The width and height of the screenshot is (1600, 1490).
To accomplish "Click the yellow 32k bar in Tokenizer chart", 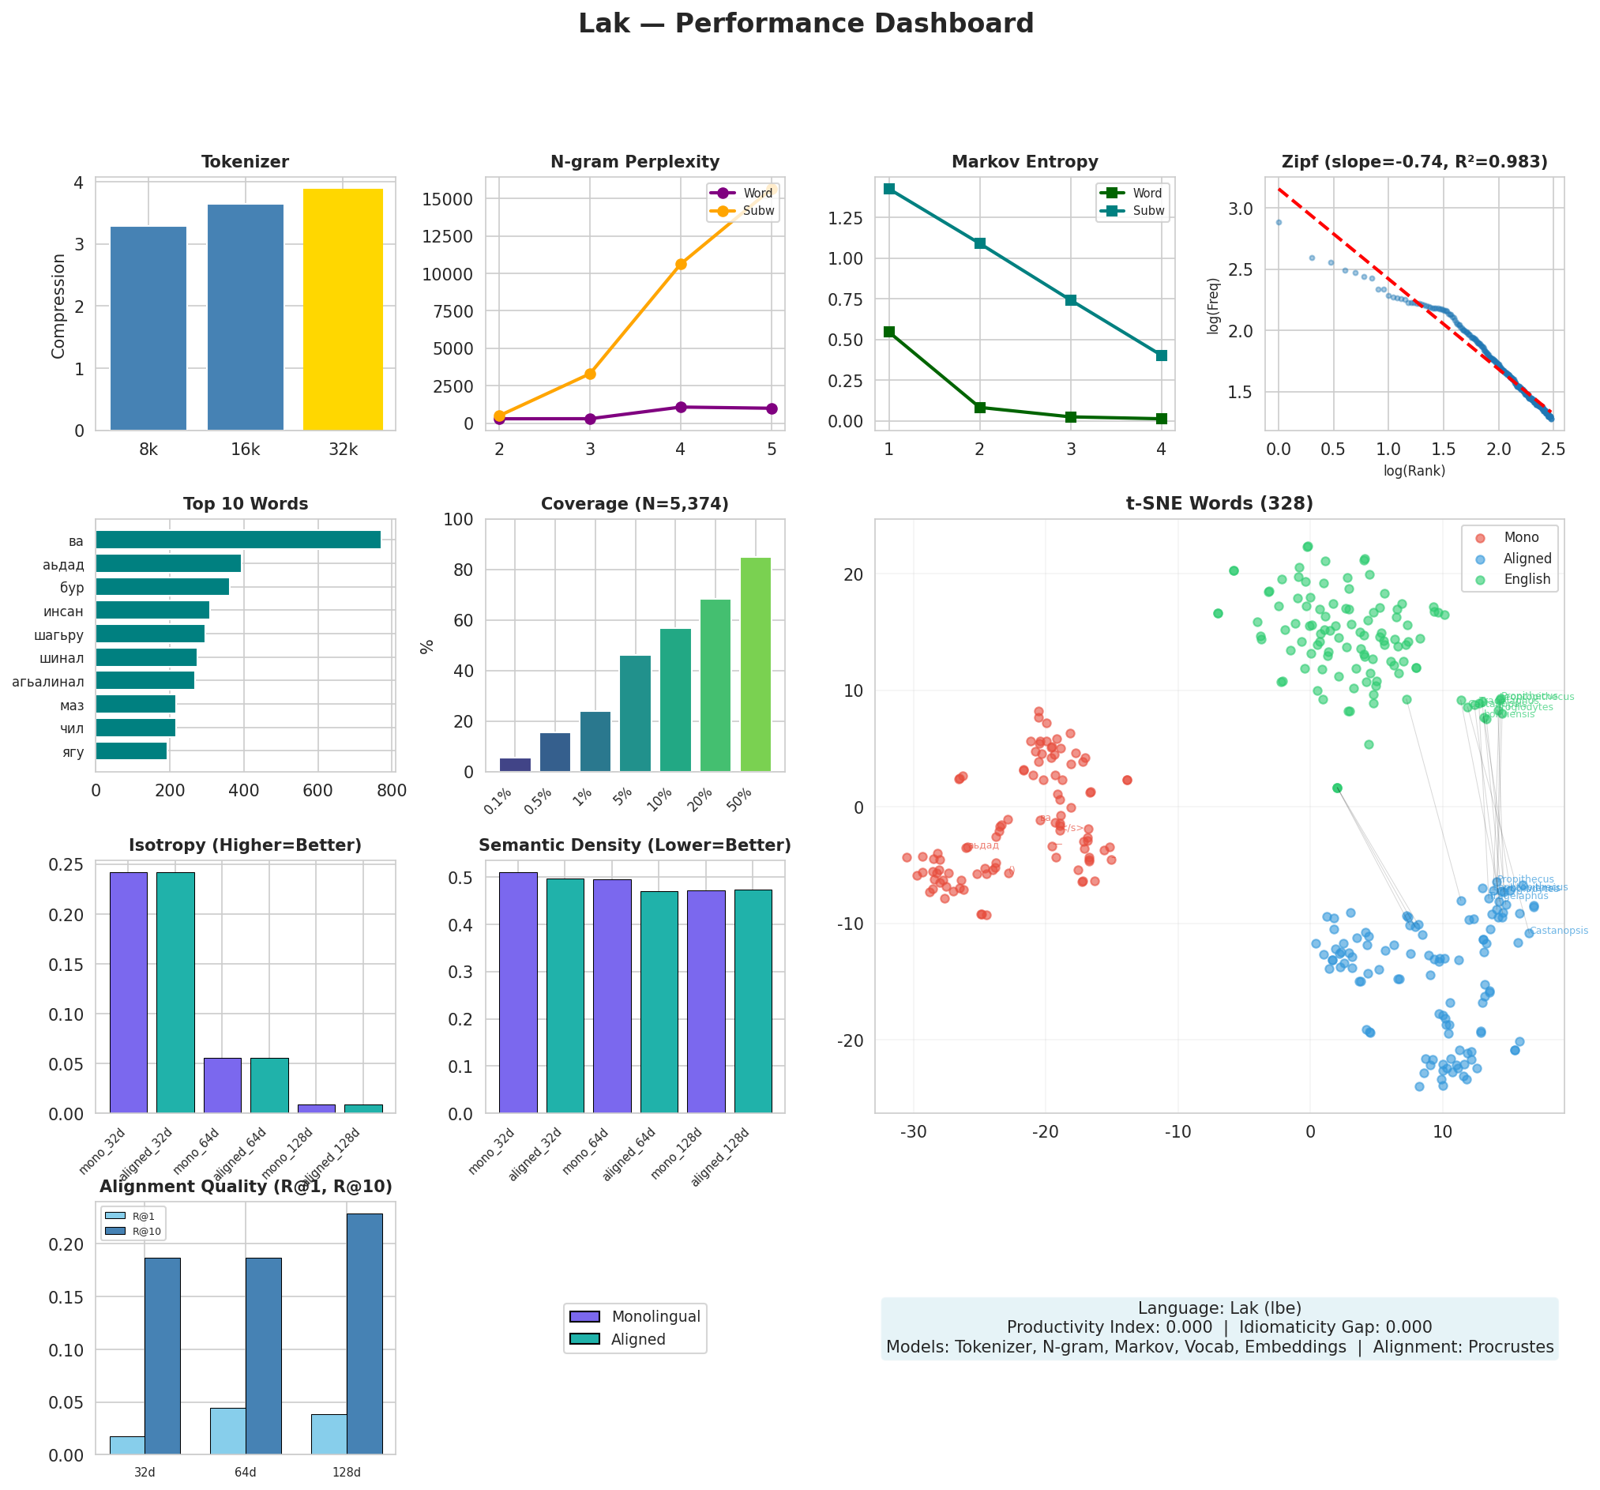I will (343, 309).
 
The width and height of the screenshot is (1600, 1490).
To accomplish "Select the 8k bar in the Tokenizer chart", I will (148, 328).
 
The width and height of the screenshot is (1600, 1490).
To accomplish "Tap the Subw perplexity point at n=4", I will (681, 264).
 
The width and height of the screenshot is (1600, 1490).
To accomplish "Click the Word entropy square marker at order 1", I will (888, 332).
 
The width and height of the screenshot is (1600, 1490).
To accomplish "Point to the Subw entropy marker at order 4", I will (1161, 355).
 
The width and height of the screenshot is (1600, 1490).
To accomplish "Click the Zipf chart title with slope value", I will (1414, 162).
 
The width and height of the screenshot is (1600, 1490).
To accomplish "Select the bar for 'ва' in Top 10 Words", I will (238, 540).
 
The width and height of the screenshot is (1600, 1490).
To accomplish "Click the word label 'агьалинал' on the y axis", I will (48, 682).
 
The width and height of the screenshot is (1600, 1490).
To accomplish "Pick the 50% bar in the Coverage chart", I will (755, 664).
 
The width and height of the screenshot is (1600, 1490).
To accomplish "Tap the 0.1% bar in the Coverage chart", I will (515, 765).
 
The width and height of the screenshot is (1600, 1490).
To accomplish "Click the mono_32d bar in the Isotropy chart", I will (129, 991).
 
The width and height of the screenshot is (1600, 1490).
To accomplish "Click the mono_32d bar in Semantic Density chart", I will (517, 991).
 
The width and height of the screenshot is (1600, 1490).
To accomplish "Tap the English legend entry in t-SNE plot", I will (1526, 579).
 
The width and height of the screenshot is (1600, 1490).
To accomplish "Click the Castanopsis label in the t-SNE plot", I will (1558, 931).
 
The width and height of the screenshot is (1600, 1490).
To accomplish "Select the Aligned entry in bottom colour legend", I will (637, 1339).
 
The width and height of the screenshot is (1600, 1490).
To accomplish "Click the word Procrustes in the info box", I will (1511, 1347).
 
